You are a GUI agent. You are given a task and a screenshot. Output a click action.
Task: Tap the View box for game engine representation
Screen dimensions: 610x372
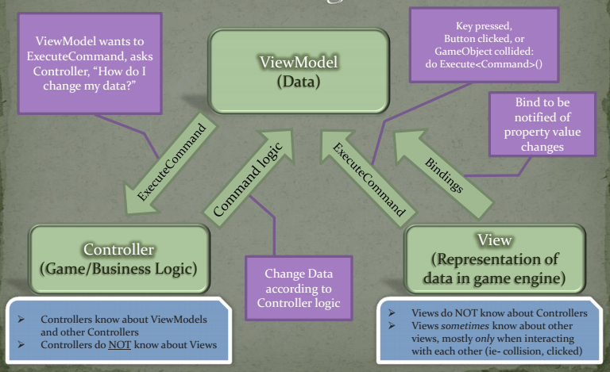tap(494, 258)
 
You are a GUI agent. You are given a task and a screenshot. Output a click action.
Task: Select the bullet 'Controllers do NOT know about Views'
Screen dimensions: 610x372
tap(119, 346)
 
